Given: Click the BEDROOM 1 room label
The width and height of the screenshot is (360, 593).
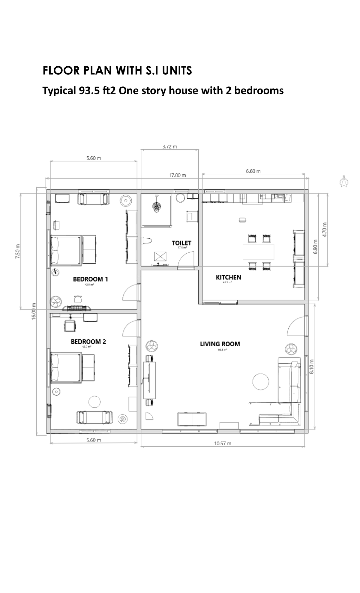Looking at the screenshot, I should pyautogui.click(x=90, y=279).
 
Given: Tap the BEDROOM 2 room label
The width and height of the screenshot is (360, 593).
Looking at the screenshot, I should pyautogui.click(x=88, y=342).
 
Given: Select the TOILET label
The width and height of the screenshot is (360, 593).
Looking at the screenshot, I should pyautogui.click(x=181, y=243).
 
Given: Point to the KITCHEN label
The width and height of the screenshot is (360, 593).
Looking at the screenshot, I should pyautogui.click(x=228, y=277).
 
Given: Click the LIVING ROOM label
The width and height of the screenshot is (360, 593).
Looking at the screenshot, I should pyautogui.click(x=220, y=344).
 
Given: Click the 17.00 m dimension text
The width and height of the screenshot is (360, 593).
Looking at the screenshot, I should pyautogui.click(x=177, y=175).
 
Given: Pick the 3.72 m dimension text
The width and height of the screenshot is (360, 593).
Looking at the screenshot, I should pyautogui.click(x=169, y=147).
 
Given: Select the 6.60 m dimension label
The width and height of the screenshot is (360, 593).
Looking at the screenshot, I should pyautogui.click(x=253, y=171).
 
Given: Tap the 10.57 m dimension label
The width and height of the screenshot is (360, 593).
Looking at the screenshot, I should pyautogui.click(x=223, y=444).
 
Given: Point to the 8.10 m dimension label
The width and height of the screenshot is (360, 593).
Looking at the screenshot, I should pyautogui.click(x=312, y=367).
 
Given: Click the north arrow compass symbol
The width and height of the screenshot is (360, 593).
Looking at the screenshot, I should pyautogui.click(x=343, y=181).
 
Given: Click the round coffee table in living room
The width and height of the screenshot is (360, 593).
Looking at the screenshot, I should pyautogui.click(x=261, y=381).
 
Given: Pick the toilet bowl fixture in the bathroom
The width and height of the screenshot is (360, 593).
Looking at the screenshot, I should pyautogui.click(x=147, y=241).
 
